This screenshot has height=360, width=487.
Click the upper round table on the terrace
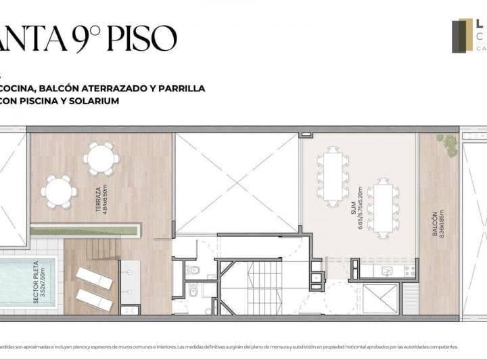point(101,158)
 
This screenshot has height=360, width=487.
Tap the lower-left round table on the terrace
point(58,192)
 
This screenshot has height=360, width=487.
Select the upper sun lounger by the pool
point(94,277)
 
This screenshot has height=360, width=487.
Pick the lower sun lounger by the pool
point(94,300)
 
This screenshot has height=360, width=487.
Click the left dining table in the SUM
point(333,176)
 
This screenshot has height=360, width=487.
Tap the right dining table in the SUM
point(383,207)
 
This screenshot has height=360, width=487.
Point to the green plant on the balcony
point(448,144)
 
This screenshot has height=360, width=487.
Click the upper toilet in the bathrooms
point(193,270)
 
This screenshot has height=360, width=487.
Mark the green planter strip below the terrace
point(85,231)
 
